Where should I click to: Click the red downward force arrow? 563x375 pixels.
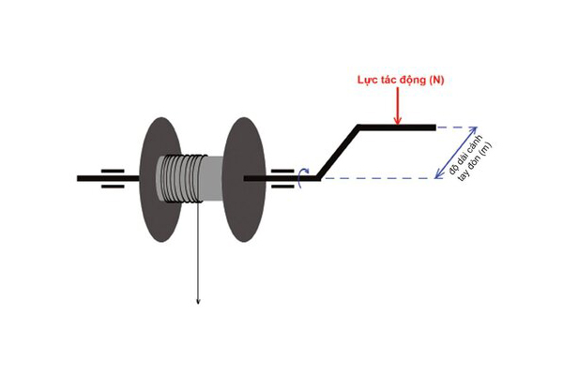(398, 110)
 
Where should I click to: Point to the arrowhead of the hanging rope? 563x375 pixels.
(197, 299)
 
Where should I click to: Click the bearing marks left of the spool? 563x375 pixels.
(113, 177)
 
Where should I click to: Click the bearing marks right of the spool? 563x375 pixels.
(281, 177)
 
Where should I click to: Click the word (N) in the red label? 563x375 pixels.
(434, 83)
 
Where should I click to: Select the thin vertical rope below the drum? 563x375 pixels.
(197, 253)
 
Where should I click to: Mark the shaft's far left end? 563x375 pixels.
(80, 177)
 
